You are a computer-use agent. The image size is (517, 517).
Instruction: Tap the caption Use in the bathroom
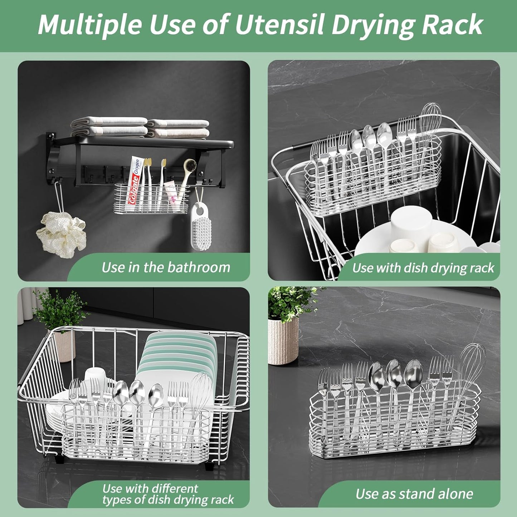pos(165,267)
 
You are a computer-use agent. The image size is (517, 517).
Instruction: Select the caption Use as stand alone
pos(414,494)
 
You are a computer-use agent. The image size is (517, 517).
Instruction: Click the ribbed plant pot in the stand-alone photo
pos(283,340)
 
